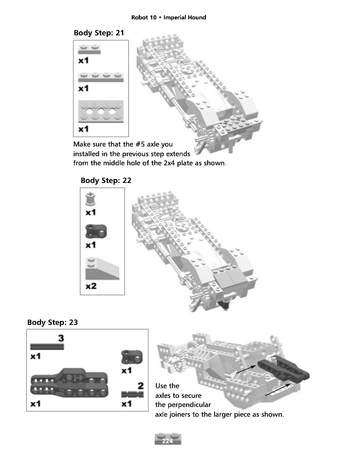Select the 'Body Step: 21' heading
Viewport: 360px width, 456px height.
click(99, 32)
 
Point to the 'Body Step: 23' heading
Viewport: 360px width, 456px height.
click(52, 322)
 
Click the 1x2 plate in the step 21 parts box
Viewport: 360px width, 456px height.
click(90, 49)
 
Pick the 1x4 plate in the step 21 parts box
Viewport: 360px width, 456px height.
click(100, 77)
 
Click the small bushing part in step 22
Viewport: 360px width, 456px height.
click(90, 199)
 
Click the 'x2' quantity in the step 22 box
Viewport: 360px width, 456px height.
click(91, 286)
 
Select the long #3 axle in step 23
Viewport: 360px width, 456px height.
click(47, 347)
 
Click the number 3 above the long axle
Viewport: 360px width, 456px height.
click(60, 338)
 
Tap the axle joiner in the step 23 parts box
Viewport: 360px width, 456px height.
click(128, 357)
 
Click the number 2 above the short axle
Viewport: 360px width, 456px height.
click(140, 386)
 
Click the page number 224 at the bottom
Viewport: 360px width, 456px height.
click(167, 441)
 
